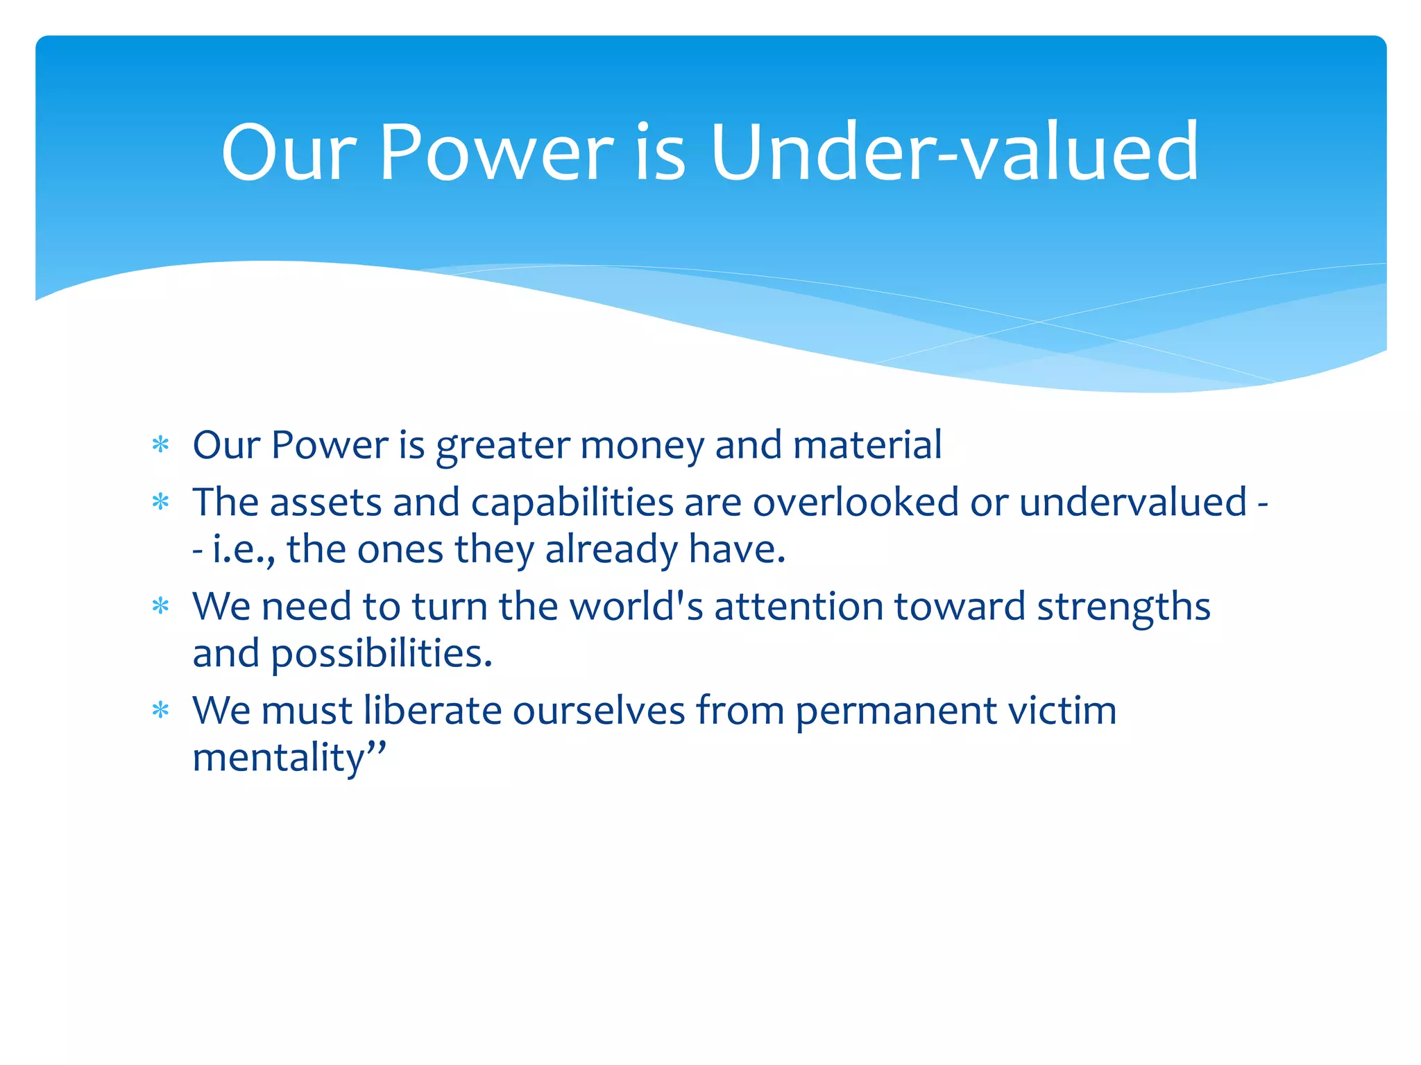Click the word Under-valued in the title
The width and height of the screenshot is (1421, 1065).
pos(954,152)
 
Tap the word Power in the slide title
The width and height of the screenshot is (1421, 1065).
pos(496,152)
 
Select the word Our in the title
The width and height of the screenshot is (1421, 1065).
pos(289,152)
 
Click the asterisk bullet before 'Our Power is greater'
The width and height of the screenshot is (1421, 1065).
pos(161,444)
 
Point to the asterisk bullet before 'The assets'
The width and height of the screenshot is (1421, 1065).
pos(161,502)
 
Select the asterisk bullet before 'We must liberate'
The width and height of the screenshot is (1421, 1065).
pos(161,711)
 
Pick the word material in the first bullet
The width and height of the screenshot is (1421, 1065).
pos(867,444)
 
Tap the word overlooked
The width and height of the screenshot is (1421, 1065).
pos(856,502)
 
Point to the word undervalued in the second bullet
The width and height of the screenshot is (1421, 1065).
pos(1132,502)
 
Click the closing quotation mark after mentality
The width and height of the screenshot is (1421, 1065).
pos(376,748)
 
